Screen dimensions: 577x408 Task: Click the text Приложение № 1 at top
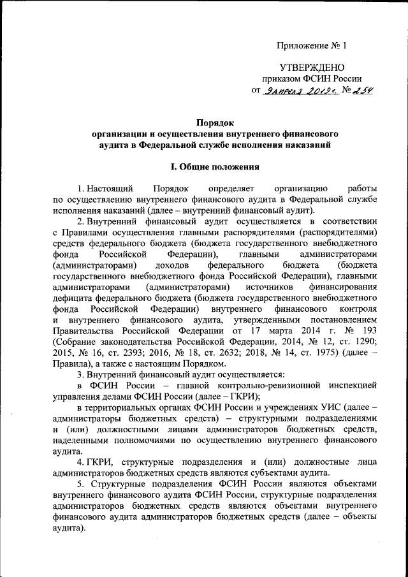[312, 46]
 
